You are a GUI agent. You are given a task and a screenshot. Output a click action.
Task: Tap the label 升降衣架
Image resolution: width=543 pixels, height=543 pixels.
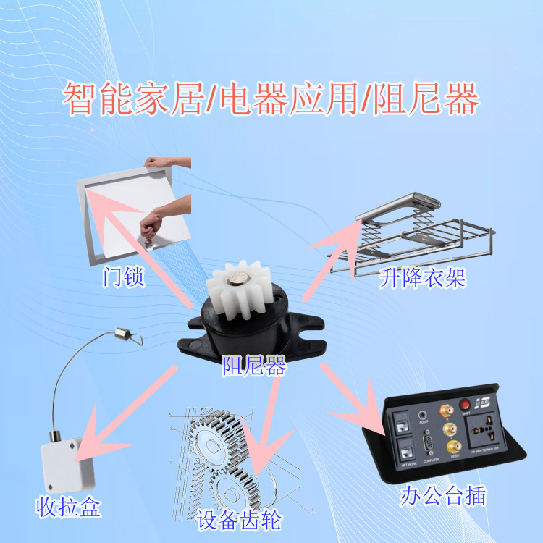pyautogui.click(x=422, y=278)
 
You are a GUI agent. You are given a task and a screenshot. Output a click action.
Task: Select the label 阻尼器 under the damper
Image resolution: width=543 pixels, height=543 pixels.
pyautogui.click(x=254, y=367)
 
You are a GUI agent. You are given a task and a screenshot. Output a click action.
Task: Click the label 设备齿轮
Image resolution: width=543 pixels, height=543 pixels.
pyautogui.click(x=237, y=520)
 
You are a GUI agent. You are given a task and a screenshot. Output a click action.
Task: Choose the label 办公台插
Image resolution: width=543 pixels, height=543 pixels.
pyautogui.click(x=444, y=496)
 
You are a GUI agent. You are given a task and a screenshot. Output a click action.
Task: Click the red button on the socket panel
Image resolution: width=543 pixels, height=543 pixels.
pyautogui.click(x=465, y=405)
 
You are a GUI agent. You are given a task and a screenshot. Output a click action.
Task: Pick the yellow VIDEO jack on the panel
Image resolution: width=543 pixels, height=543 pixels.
pyautogui.click(x=455, y=446)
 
